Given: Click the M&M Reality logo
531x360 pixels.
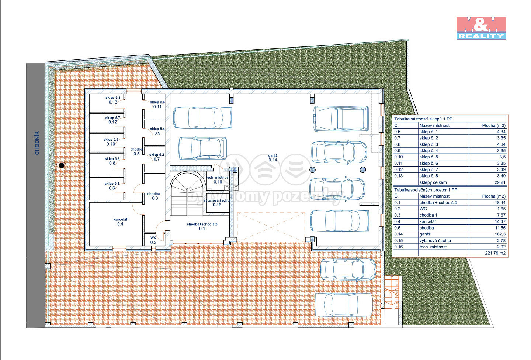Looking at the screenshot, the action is [482, 28].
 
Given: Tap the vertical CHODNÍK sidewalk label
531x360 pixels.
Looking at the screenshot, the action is [37, 143].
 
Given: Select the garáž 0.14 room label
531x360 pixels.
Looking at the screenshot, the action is [273, 158].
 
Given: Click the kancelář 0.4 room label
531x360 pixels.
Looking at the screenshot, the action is [120, 221].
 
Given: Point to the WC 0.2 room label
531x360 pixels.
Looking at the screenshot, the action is [153, 240].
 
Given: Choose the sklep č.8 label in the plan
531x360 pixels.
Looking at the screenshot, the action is [113, 100].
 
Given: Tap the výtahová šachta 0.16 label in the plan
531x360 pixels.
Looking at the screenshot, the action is [217, 203].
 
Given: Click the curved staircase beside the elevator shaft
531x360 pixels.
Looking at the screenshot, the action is [187, 194].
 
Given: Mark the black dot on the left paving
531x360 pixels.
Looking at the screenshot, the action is [61, 165].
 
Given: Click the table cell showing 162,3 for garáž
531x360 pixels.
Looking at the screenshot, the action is [500, 234].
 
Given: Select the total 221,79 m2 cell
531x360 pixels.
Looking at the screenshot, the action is [495, 253].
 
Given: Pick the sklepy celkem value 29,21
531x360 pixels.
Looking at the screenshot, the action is [500, 182].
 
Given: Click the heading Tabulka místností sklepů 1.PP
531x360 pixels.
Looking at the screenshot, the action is [423, 119].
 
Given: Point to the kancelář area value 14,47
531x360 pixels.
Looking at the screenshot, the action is [500, 221].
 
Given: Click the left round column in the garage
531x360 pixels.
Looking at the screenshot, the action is [312, 169].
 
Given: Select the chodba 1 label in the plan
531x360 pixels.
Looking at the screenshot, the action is [155, 196].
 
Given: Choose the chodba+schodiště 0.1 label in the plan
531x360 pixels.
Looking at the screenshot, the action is [202, 226].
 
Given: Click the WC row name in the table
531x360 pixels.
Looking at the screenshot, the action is [423, 209].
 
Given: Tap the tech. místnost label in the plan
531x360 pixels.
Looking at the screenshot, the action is [218, 179].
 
